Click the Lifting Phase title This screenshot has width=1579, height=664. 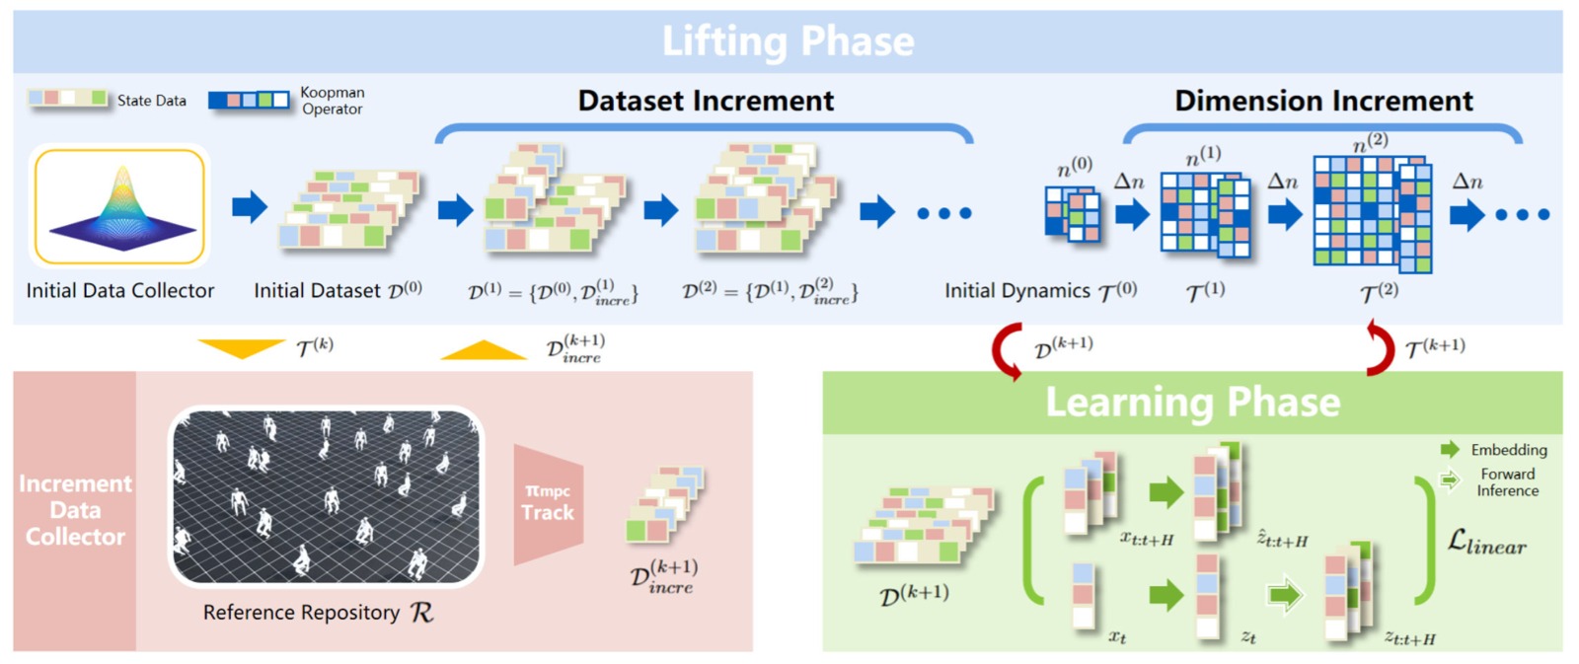pyautogui.click(x=789, y=40)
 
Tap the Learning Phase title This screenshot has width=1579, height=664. pyautogui.click(x=1193, y=402)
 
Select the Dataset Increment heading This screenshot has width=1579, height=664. pyautogui.click(x=706, y=100)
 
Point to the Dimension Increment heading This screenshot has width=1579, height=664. pyautogui.click(x=1323, y=100)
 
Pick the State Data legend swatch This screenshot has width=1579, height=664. pyautogui.click(x=68, y=98)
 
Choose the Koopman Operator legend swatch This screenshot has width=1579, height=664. pyautogui.click(x=248, y=100)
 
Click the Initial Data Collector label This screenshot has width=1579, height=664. pyautogui.click(x=119, y=290)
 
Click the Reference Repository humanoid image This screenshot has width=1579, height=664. pyautogui.click(x=326, y=497)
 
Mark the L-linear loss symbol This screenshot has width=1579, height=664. pyautogui.click(x=1486, y=542)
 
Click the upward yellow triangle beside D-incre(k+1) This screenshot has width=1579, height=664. pyautogui.click(x=484, y=349)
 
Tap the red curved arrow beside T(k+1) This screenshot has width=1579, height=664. pyautogui.click(x=1383, y=347)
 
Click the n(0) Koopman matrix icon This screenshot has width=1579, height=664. pyautogui.click(x=1072, y=213)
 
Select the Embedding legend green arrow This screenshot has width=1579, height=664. pyautogui.click(x=1450, y=449)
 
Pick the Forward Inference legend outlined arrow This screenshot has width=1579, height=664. pyautogui.click(x=1450, y=480)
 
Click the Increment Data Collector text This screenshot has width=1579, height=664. pyautogui.click(x=75, y=510)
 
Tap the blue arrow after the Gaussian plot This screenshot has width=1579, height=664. pyautogui.click(x=250, y=207)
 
